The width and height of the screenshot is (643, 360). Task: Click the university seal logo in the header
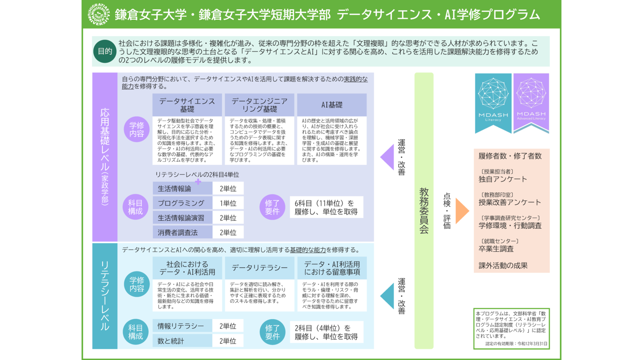[x=99, y=14]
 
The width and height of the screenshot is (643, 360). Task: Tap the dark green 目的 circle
[x=105, y=52]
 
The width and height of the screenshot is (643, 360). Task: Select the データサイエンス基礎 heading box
[x=187, y=105]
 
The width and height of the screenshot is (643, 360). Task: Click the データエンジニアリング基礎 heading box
[x=260, y=105]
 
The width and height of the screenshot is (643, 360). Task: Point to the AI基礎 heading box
[x=332, y=105]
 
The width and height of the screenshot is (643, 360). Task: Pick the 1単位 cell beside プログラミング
[x=228, y=203]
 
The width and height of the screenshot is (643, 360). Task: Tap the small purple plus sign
[x=198, y=181]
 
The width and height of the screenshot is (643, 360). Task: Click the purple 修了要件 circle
[x=272, y=207]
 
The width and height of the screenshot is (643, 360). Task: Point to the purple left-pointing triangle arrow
[x=387, y=157]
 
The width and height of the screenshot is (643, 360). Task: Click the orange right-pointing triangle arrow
[x=462, y=210]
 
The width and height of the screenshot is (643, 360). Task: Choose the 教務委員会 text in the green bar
[x=424, y=210]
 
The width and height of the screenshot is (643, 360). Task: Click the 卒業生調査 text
[x=496, y=249]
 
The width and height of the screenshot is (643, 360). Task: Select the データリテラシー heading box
[x=260, y=268]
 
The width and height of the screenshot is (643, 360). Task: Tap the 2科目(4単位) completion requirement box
[x=326, y=332]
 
